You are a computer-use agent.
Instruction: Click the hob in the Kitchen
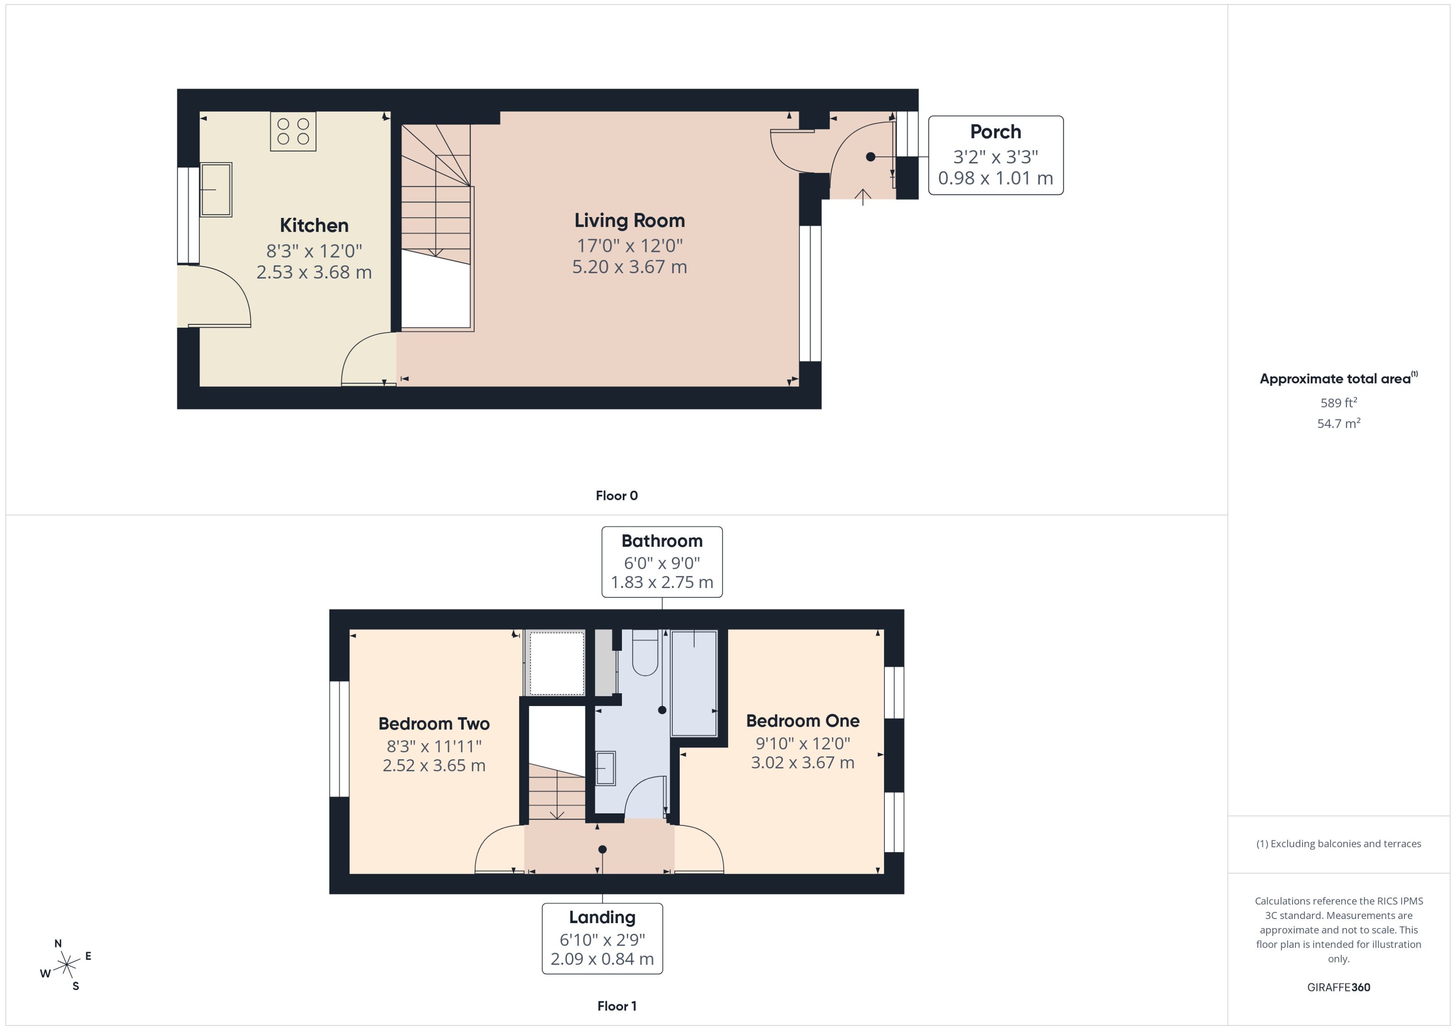click(293, 131)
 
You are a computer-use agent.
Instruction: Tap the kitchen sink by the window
click(216, 190)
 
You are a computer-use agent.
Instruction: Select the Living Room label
click(629, 221)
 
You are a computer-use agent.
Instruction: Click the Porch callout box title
click(995, 132)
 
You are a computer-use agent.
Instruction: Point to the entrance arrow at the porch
click(863, 197)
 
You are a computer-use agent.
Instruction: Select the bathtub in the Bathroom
click(694, 682)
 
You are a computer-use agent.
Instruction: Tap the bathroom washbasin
click(605, 768)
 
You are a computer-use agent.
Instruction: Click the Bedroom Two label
click(434, 724)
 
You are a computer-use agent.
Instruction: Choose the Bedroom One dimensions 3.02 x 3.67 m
click(802, 762)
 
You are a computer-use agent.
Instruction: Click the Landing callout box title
click(602, 917)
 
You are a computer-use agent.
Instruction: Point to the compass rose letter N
click(58, 943)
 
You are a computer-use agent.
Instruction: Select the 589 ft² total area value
click(1339, 403)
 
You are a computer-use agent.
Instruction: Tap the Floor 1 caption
click(617, 1006)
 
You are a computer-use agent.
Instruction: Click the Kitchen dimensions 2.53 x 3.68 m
click(314, 272)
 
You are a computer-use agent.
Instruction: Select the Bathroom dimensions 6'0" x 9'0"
click(662, 563)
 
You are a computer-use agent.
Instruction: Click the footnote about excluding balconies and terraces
click(1339, 844)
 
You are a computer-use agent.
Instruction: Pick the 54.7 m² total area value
click(1339, 423)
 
